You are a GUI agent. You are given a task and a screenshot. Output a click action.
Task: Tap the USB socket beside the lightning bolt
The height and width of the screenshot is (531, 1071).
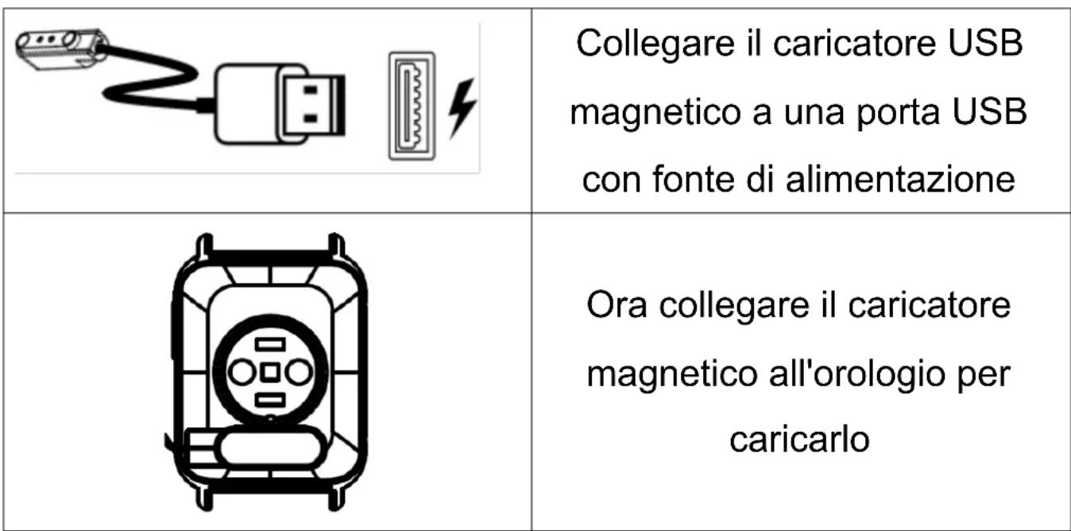412,107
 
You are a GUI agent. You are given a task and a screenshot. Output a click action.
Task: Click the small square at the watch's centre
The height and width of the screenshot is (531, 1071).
269,371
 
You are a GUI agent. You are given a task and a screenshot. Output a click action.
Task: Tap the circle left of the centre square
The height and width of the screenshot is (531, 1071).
239,371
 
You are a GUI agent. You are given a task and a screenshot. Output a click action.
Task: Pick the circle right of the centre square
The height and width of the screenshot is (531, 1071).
298,371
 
